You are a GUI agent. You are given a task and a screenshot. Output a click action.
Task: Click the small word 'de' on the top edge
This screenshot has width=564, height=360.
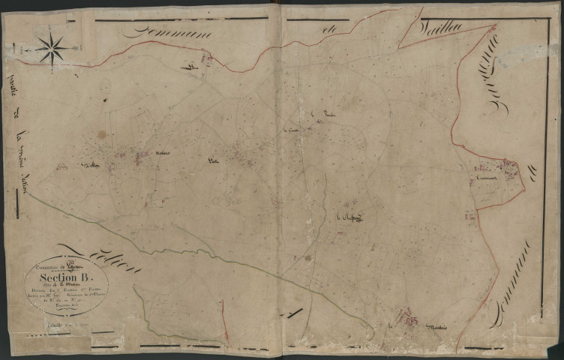[x=326, y=29]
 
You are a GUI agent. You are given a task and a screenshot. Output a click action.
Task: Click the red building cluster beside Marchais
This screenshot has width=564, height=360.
[x=409, y=318]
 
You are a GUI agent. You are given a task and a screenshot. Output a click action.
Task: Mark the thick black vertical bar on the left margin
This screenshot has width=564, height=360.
[x=17, y=203]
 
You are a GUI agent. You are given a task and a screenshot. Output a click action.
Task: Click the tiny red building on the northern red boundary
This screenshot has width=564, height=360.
[x=193, y=67]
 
